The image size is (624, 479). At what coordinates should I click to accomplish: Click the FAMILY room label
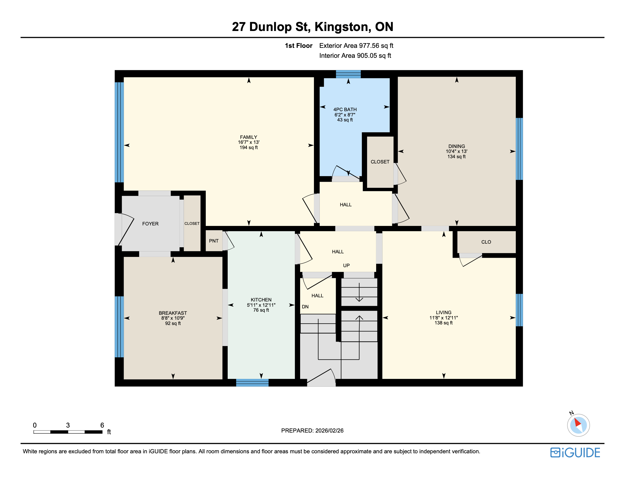(248, 137)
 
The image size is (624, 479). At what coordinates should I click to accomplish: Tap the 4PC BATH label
(345, 110)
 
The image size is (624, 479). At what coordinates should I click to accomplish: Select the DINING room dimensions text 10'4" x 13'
(456, 151)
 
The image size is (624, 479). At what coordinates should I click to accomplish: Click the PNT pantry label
(214, 241)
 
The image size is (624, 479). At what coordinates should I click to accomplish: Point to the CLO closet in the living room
(486, 242)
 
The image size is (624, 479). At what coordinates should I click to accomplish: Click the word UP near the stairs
(346, 265)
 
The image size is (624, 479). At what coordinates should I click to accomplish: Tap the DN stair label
(305, 307)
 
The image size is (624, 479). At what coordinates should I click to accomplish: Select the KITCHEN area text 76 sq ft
(261, 310)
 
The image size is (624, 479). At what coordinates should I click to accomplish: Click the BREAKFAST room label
(173, 313)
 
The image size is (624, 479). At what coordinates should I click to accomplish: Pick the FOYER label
(150, 224)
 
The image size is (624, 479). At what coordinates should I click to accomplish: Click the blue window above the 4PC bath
(348, 74)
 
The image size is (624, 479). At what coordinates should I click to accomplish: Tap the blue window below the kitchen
(252, 383)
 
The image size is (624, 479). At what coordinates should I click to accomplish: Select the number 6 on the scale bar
(102, 425)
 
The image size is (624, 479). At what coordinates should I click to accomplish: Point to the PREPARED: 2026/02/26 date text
(312, 431)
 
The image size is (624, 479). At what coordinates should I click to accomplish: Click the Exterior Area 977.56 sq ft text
(356, 46)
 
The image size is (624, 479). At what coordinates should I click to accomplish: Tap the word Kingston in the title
(342, 27)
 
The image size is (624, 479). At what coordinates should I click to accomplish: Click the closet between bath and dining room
(379, 162)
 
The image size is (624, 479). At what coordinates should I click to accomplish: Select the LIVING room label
(443, 313)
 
